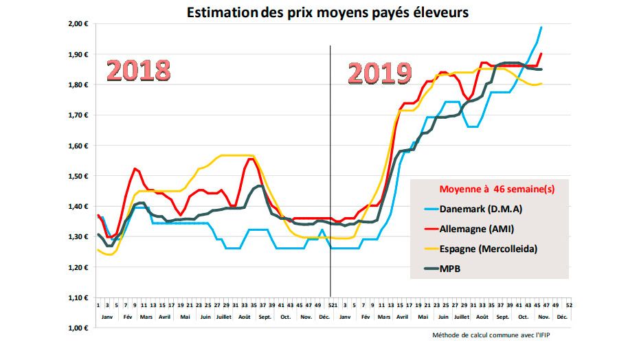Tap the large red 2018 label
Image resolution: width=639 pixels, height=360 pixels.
[x=139, y=71]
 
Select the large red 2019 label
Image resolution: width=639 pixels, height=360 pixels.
[x=379, y=74]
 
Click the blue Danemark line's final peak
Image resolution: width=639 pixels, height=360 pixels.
[x=541, y=27]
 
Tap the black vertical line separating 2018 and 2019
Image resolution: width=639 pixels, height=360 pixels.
[x=330, y=172]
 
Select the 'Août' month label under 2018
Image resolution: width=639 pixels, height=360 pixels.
[x=244, y=317]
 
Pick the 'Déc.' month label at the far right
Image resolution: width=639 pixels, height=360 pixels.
[x=561, y=317]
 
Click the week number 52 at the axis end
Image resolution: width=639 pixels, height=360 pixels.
[x=570, y=304]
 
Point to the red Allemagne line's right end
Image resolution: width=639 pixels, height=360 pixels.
[x=542, y=54]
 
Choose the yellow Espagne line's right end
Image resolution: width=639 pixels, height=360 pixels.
[x=542, y=83]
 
